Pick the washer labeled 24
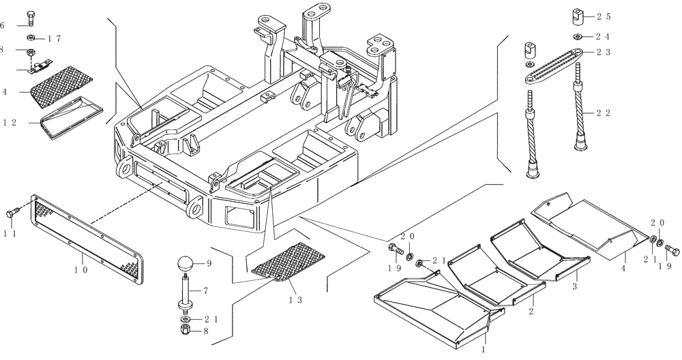point(578,37)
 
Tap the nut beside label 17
point(31,37)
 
